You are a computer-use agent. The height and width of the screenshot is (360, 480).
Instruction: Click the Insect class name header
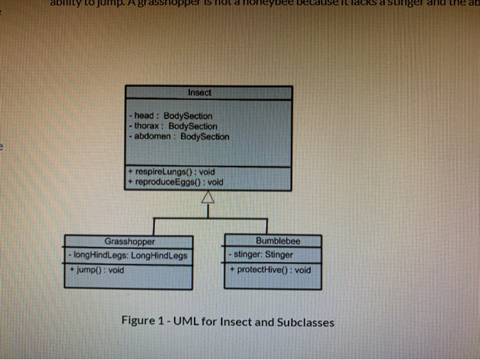200,92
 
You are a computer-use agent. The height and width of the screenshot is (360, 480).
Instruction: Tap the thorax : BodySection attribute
173,126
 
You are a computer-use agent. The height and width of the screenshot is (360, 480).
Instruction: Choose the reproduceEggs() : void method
177,182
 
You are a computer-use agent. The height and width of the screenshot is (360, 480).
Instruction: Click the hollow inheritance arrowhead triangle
208,198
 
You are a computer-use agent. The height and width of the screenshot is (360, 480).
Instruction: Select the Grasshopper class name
130,241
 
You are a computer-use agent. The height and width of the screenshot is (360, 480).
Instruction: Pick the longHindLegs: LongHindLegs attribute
129,255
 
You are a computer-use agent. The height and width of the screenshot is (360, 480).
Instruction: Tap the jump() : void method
97,269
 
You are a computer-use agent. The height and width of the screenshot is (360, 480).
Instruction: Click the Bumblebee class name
278,241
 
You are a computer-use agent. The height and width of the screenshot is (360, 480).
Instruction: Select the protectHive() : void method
270,269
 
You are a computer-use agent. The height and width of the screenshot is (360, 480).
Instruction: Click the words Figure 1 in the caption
142,320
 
